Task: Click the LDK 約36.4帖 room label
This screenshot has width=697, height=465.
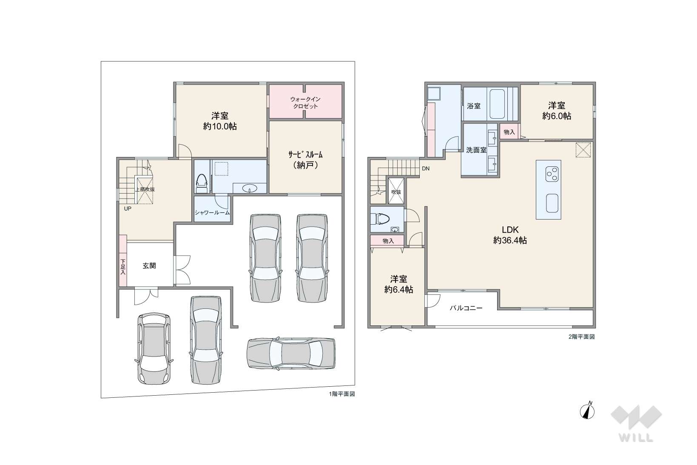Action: pos(510,235)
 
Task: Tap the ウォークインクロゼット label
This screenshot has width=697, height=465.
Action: pos(305,103)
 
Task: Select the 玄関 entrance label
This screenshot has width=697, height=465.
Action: pos(149,266)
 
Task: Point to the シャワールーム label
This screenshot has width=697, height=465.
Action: pos(212,213)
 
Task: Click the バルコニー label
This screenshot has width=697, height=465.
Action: pos(466,308)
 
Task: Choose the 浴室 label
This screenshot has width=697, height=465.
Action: pos(474,106)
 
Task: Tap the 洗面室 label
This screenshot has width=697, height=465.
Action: pos(476,150)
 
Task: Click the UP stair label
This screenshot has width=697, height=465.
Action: pos(128,208)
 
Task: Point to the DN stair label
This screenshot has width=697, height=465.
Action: pos(426,168)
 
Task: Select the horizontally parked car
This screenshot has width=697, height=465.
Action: pos(291,354)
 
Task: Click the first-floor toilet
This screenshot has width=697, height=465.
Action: pos(202,184)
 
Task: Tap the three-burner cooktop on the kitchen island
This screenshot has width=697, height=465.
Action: pos(552,174)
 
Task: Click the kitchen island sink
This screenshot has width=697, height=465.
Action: pos(552,203)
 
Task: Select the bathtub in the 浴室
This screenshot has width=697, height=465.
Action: pos(497,104)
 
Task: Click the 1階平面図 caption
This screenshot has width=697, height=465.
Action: pos(342,394)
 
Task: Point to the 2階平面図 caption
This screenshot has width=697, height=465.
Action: pos(582,337)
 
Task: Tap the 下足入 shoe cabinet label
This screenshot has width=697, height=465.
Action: pos(123,267)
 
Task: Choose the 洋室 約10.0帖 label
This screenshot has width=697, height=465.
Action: pos(220,121)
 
